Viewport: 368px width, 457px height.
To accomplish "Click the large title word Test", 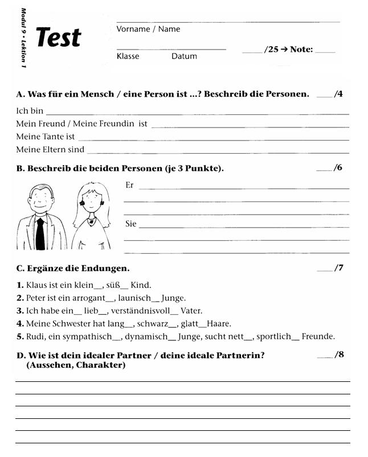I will tap(59, 38).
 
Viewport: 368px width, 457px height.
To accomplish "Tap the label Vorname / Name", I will tap(148, 29).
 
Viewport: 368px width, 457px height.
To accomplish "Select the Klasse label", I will tap(128, 56).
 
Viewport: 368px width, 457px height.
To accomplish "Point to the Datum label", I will tap(184, 56).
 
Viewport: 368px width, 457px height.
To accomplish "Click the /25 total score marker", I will tap(271, 50).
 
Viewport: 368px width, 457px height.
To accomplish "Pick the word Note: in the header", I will tap(301, 50).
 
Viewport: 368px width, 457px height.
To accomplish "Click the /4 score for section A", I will tap(338, 94).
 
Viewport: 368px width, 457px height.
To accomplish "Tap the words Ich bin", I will tap(30, 111).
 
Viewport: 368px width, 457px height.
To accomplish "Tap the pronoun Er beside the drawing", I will tap(129, 185).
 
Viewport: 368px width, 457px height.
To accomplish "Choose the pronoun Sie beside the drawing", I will tap(131, 224).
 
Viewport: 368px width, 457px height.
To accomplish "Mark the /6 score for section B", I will tap(338, 168).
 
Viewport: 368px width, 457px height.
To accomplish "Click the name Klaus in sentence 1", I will tap(37, 285).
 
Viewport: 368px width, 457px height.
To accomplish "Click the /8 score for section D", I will tap(340, 355).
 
